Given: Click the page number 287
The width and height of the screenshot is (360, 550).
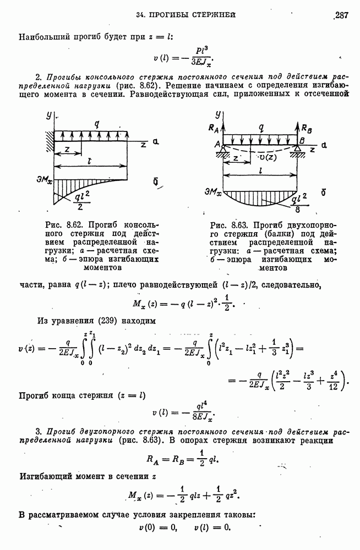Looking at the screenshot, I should click(x=341, y=15).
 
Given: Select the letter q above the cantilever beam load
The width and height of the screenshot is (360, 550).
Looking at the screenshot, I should click(x=96, y=124).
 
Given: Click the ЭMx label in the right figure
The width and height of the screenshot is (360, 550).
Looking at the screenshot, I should click(x=211, y=192).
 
